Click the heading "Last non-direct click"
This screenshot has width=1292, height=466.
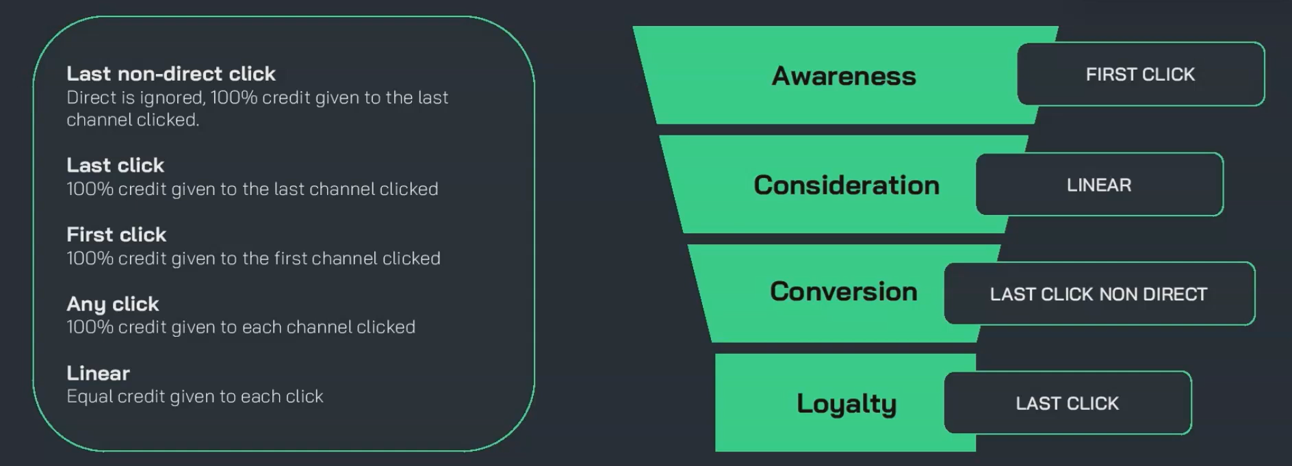click(x=170, y=74)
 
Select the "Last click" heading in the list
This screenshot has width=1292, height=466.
click(x=115, y=166)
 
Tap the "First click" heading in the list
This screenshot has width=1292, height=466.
click(x=116, y=235)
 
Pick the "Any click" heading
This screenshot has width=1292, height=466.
click(x=112, y=304)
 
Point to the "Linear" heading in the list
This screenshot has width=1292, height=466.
click(x=98, y=373)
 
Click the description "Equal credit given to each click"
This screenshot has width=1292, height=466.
click(x=194, y=397)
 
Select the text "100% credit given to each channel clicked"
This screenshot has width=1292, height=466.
click(x=240, y=327)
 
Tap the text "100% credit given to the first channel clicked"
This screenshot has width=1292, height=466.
click(x=253, y=259)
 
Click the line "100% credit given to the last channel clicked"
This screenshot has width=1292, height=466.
click(x=252, y=190)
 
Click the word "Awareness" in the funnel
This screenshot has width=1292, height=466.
click(x=843, y=76)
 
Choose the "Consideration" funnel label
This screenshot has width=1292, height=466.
click(x=847, y=185)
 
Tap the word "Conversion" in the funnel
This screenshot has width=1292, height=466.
click(x=843, y=292)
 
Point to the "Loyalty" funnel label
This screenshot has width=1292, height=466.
click(x=846, y=404)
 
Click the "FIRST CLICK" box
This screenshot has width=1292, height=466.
click(x=1140, y=75)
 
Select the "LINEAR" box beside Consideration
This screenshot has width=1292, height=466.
click(x=1099, y=185)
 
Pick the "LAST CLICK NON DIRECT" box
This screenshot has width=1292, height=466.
click(x=1098, y=294)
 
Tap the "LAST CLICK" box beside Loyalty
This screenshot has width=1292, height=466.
click(x=1067, y=404)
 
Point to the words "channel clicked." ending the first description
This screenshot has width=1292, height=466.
click(x=133, y=120)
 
